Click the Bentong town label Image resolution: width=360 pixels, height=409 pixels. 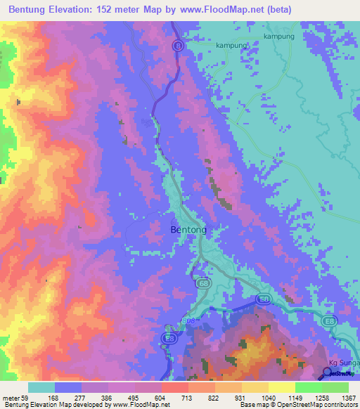point(188,230)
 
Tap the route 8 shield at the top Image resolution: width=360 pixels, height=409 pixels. point(179,45)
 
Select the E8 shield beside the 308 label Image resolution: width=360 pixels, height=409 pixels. point(169,338)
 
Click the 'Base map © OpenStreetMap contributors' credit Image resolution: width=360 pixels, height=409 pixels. point(297,405)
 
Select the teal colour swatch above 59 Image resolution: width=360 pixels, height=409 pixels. point(41,387)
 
